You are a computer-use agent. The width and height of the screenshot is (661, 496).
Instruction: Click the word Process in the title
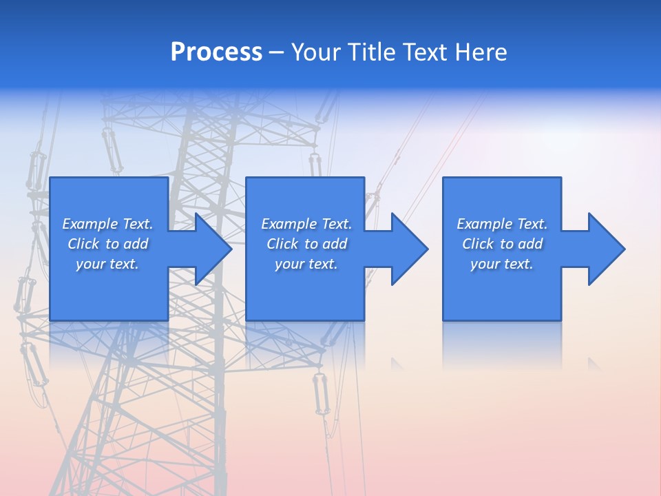pos(216,52)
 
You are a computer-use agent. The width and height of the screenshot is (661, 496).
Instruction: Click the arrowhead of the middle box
pos(409,249)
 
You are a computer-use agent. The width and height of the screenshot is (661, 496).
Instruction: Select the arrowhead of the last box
pos(606,249)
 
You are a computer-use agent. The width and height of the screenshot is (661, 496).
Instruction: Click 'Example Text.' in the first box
pos(107,224)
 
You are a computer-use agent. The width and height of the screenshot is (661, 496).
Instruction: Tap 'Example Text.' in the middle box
pos(306,224)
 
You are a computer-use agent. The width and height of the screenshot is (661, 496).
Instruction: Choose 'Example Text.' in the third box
pos(502,224)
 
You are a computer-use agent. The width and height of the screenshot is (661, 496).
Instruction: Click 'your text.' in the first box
pos(107,264)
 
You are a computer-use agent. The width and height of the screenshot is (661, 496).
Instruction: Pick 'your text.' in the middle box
pos(306,264)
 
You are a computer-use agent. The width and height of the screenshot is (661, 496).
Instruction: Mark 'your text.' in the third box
pos(502,264)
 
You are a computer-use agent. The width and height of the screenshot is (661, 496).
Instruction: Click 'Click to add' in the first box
pos(107,244)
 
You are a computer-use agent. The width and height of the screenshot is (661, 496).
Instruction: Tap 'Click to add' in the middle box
pos(306,244)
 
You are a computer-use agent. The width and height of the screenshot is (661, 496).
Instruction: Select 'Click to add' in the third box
pos(502,244)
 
